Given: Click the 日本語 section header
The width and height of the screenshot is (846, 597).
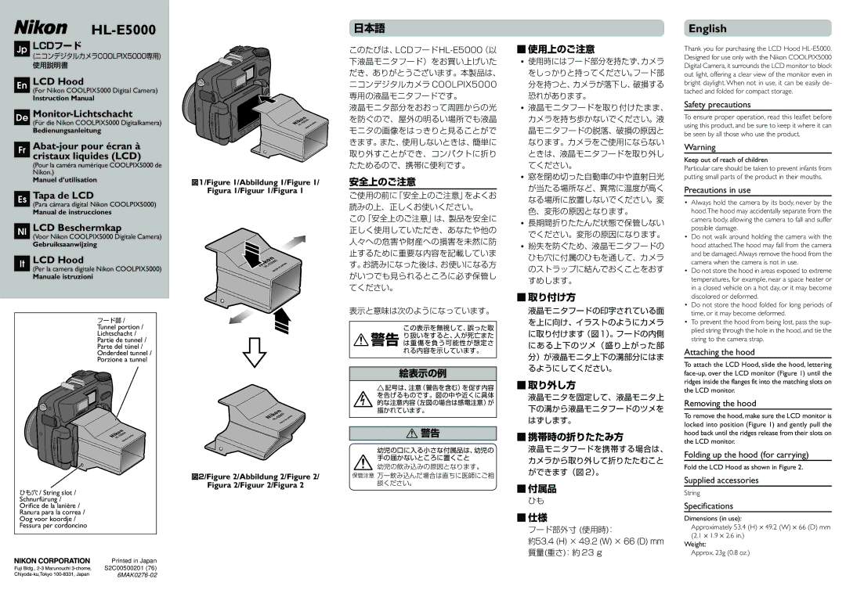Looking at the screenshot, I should (x=369, y=27).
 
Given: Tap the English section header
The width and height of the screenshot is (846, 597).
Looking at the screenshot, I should (x=707, y=29).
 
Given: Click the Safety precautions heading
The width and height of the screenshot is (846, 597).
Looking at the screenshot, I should (x=717, y=105).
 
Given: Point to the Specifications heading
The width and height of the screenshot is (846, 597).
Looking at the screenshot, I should (x=708, y=506).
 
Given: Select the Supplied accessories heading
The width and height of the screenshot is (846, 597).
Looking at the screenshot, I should (x=721, y=480).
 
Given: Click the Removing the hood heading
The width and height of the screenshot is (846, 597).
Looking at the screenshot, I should (x=719, y=404).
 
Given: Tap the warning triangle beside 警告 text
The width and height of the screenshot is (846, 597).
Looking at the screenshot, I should (x=361, y=340).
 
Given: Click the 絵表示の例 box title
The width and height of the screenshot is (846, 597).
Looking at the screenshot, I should (x=422, y=373).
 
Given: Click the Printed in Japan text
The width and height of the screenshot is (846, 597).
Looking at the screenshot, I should (x=134, y=561).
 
